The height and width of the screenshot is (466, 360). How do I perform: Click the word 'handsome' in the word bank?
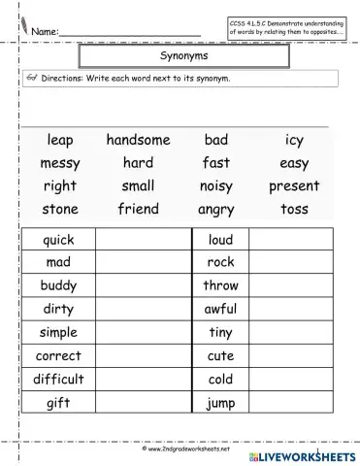tap(138, 141)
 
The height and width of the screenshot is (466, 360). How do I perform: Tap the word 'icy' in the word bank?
tap(294, 141)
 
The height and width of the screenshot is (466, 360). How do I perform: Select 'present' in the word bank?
tap(294, 185)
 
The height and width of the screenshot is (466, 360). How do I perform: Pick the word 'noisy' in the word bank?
tap(216, 185)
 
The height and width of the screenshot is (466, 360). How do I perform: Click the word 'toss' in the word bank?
tap(294, 208)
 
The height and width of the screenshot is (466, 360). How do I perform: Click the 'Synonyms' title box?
tap(179, 57)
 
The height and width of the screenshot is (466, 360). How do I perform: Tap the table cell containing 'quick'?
tap(59, 240)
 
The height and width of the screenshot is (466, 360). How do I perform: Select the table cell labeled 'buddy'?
tap(59, 285)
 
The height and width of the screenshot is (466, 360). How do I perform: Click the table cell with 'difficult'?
tap(59, 379)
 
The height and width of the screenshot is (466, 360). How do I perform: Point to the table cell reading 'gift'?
tap(59, 402)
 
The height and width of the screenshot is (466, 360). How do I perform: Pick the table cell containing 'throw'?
tap(220, 285)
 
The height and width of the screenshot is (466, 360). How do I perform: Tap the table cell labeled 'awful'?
tap(220, 309)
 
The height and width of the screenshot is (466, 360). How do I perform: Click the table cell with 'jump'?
tap(220, 402)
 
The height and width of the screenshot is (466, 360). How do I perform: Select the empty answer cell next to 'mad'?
tap(138, 262)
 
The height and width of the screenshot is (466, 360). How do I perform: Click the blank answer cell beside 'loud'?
tap(292, 240)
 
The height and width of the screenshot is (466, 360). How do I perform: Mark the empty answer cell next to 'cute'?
tap(292, 355)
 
